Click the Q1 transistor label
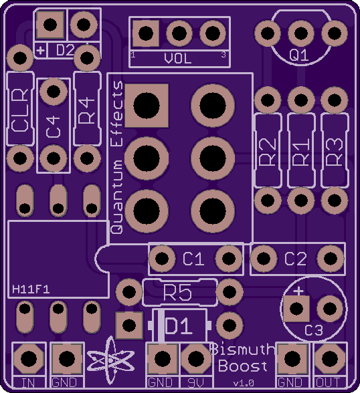[298, 55]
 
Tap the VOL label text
[178, 58]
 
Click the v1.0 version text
[244, 383]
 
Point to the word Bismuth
[243, 349]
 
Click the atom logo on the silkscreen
[110, 360]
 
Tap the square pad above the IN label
[29, 358]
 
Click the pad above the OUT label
[330, 358]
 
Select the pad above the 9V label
[196, 358]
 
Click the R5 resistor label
[177, 293]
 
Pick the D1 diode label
[179, 325]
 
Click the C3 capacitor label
[314, 330]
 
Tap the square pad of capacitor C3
[296, 309]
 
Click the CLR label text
[20, 110]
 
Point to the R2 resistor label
[268, 152]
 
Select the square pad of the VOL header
[146, 33]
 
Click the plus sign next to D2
[41, 51]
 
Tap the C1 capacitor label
[193, 259]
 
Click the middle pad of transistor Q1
[301, 33]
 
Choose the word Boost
[243, 366]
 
